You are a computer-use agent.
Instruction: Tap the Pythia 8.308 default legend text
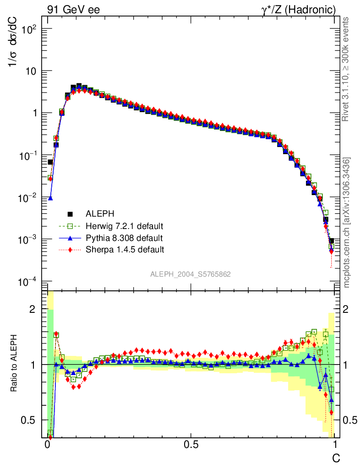point(124,238)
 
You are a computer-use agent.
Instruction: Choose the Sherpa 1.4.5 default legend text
point(125,250)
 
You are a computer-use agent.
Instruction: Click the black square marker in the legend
point(70,214)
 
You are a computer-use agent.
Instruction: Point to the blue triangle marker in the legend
point(70,238)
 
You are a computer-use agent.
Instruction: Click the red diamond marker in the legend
point(70,250)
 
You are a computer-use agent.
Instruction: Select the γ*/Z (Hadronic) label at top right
point(305,9)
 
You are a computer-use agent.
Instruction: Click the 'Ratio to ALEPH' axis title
point(15,364)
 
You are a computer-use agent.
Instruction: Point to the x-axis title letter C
point(336,458)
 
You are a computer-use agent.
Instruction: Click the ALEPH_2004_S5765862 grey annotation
point(191,274)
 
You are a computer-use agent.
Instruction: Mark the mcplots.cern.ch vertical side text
point(347,223)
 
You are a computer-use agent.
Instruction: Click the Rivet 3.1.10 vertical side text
point(347,69)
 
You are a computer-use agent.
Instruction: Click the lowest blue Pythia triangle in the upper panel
point(50,198)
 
